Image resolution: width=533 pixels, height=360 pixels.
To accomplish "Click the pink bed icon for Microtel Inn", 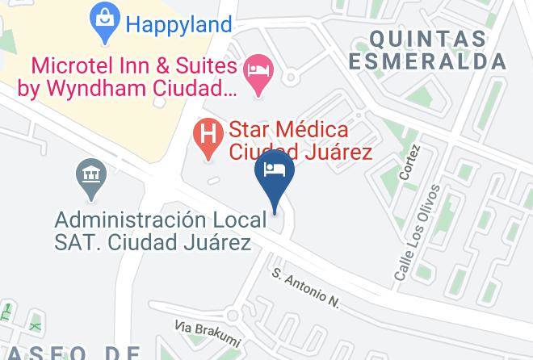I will [258, 67].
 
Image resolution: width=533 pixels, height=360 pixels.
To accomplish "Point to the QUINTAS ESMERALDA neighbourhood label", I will [438, 49].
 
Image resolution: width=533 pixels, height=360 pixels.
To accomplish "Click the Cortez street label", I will [409, 162].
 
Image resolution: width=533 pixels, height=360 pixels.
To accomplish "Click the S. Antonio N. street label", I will [306, 288].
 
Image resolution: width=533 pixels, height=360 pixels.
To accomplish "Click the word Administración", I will [125, 219].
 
